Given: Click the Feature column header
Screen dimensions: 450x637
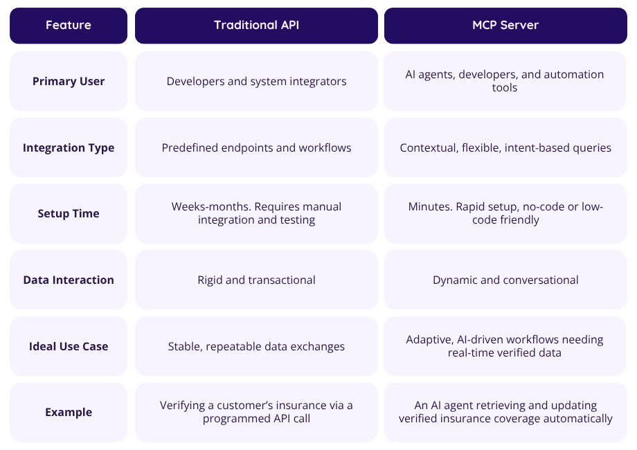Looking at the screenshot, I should pyautogui.click(x=69, y=26).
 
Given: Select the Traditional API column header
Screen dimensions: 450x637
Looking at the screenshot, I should pyautogui.click(x=256, y=26).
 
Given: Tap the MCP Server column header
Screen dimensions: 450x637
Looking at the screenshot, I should pyautogui.click(x=505, y=26).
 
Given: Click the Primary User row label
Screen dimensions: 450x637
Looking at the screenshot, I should pyautogui.click(x=69, y=81).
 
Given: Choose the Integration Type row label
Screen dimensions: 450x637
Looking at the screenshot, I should pyautogui.click(x=69, y=147).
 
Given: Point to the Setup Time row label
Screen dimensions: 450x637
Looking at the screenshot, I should pyautogui.click(x=69, y=213).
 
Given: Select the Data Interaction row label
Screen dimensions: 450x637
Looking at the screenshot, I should pyautogui.click(x=69, y=280).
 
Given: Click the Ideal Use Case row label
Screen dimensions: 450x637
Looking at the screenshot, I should pyautogui.click(x=69, y=346).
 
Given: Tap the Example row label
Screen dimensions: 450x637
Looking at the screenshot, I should pyautogui.click(x=69, y=412).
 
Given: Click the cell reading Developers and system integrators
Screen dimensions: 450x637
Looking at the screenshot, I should pyautogui.click(x=256, y=81).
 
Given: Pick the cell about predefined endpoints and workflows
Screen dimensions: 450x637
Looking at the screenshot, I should pyautogui.click(x=256, y=147).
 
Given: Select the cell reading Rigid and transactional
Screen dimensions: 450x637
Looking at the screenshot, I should pyautogui.click(x=256, y=280).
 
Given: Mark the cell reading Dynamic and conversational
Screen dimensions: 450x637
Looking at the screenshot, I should pyautogui.click(x=505, y=280).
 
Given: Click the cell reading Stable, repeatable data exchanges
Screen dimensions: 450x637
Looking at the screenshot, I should pyautogui.click(x=256, y=346).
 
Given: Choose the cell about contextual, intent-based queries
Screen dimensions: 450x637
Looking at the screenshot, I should pyautogui.click(x=505, y=147).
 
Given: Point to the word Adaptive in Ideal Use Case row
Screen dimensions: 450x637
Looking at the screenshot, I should pyautogui.click(x=429, y=340).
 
